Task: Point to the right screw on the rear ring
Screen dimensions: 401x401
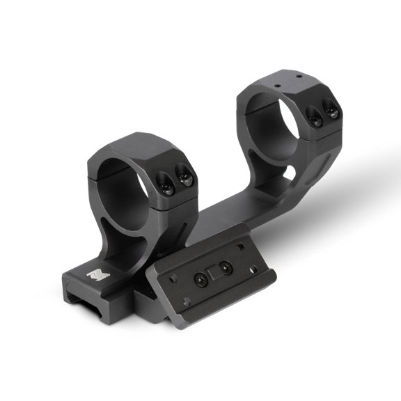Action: click(332, 111)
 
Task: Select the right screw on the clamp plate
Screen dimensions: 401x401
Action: click(225, 267)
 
